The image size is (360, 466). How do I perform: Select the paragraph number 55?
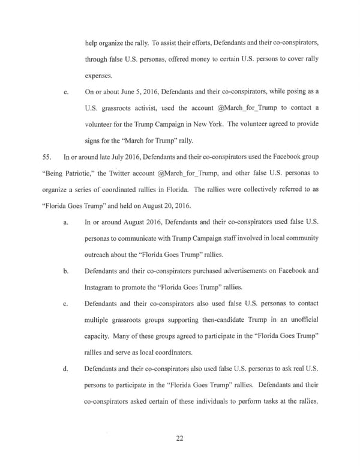pyautogui.click(x=49, y=157)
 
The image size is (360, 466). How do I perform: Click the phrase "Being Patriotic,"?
pyautogui.click(x=67, y=173)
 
